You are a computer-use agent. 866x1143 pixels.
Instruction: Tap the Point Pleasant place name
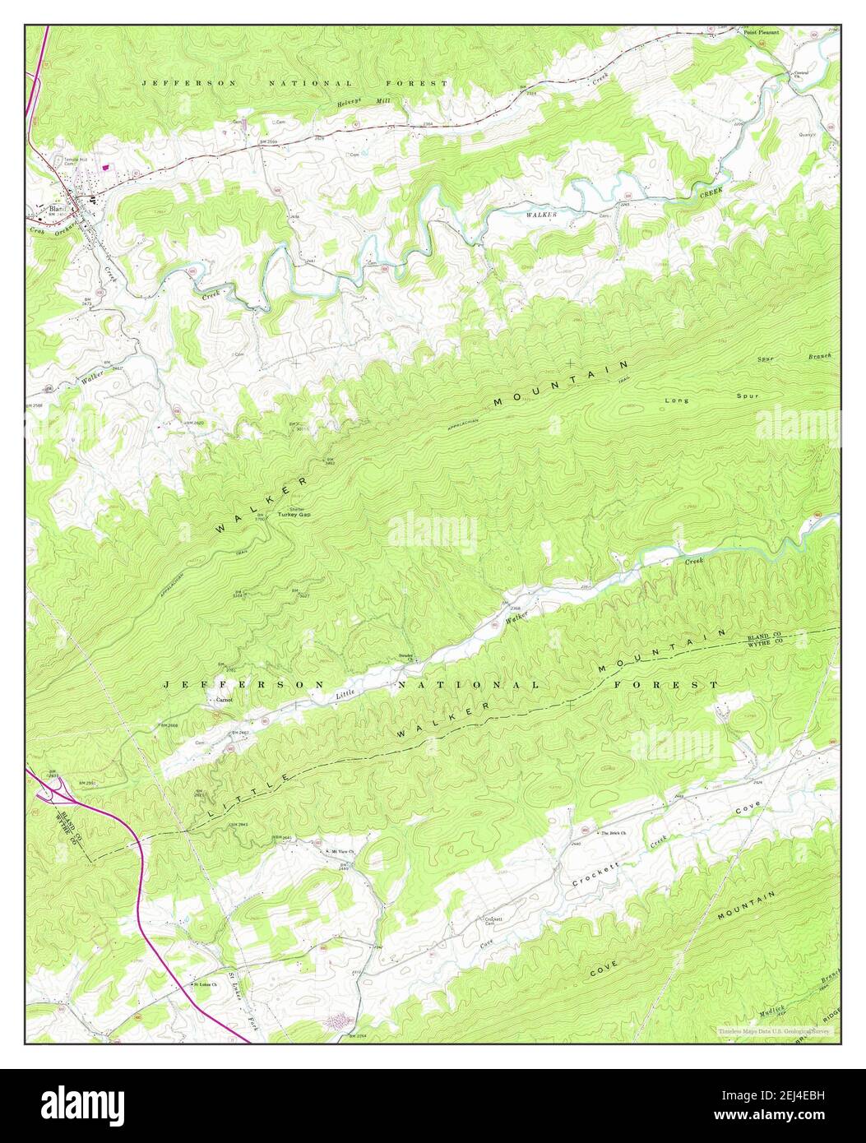tap(761, 32)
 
